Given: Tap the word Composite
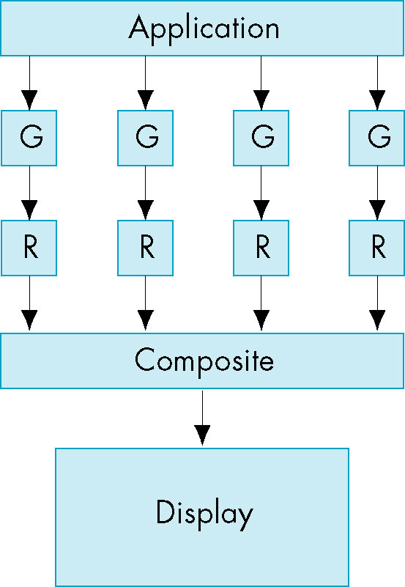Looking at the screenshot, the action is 204,361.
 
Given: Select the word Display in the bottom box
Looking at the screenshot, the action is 204,514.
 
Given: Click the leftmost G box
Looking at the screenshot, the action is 29,139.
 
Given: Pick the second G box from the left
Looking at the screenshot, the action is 146,139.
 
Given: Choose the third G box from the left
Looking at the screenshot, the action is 261,139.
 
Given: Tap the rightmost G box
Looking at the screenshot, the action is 377,139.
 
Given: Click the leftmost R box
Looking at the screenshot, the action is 29,248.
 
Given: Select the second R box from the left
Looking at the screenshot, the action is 146,248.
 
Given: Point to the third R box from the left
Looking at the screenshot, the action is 261,248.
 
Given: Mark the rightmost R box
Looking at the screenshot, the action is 377,248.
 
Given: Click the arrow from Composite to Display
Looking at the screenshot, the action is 202,418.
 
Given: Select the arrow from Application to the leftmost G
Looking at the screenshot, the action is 29,83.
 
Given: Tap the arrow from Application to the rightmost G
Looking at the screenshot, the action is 377,83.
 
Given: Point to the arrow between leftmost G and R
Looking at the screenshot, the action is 29,193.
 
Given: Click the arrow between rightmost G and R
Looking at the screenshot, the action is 377,193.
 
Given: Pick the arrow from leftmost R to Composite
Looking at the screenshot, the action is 29,303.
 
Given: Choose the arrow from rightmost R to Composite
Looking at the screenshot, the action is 377,303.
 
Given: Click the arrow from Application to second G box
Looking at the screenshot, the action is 146,83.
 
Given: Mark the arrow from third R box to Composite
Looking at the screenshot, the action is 261,303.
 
